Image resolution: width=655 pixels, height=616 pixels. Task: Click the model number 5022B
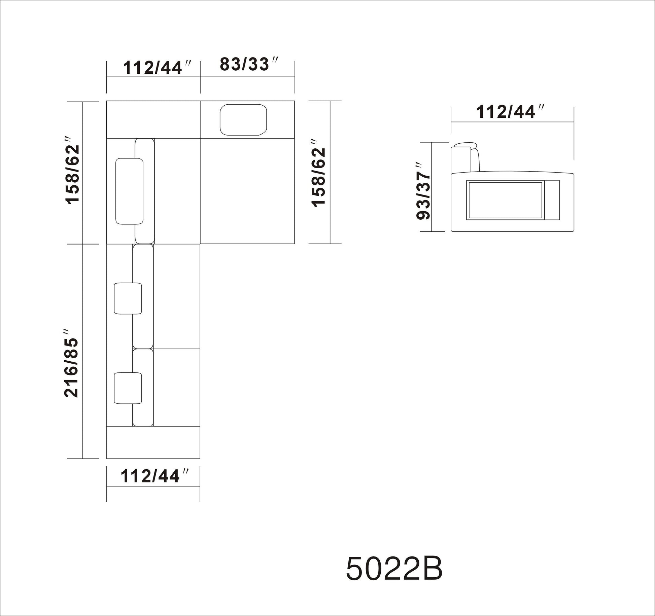tap(394, 569)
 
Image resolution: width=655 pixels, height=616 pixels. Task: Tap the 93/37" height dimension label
tap(424, 191)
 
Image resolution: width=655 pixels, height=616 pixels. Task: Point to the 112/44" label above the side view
tap(510, 112)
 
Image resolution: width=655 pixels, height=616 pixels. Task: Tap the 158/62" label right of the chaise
tap(319, 172)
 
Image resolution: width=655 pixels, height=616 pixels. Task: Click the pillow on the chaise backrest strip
tap(243, 120)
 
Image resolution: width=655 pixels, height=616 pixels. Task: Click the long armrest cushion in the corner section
tap(129, 191)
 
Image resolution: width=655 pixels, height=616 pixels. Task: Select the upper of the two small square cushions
tap(128, 298)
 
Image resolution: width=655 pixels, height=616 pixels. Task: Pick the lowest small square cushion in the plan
tap(128, 388)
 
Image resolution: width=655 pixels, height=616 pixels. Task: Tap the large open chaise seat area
tap(247, 191)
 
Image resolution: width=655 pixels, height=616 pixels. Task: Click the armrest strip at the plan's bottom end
tap(153, 442)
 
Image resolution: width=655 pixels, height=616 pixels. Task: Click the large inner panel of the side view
tap(504, 201)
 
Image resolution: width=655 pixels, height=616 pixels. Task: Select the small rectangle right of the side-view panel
tap(552, 200)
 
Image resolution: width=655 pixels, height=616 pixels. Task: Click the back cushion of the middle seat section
tap(143, 296)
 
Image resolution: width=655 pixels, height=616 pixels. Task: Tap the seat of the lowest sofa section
tap(177, 388)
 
